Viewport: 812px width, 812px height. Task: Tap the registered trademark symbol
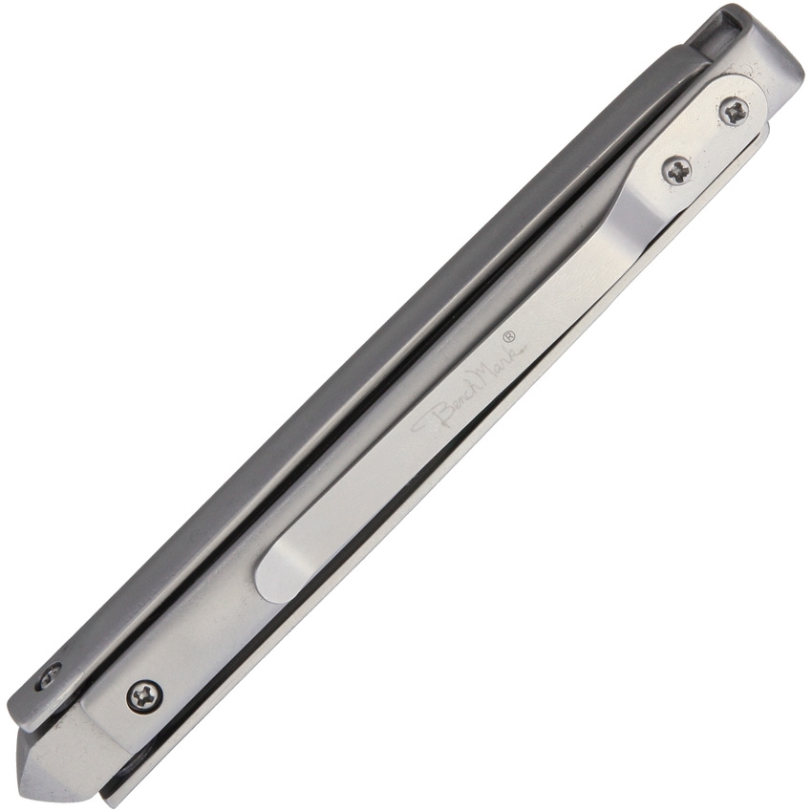[508, 336]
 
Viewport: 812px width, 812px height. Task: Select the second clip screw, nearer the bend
[678, 168]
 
